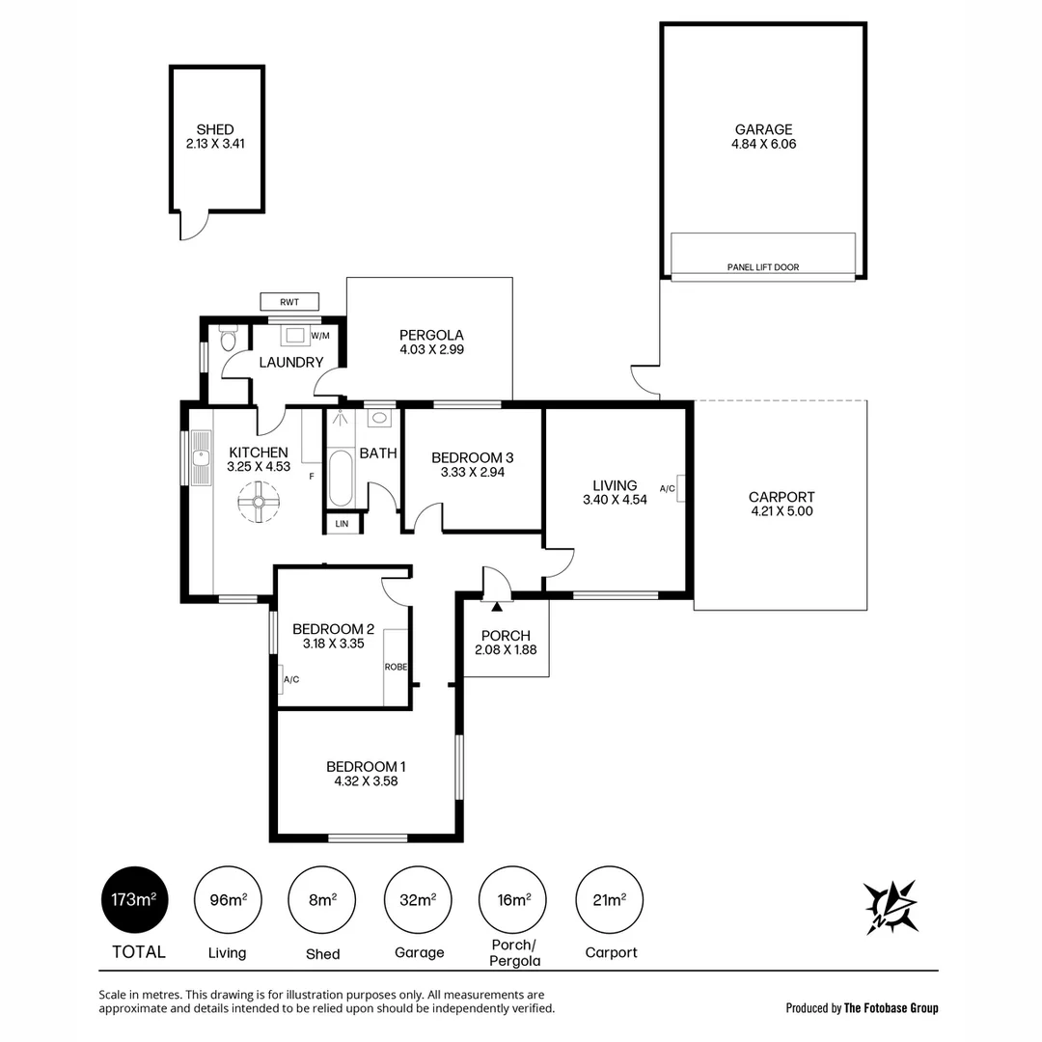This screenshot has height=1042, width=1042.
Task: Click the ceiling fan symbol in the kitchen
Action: (x=258, y=502)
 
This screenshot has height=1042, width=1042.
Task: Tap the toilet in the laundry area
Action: (x=229, y=340)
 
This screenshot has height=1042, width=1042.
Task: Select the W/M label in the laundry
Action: (x=320, y=336)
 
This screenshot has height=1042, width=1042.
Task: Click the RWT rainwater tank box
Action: (x=289, y=302)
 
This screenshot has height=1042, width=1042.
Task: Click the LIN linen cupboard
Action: (x=343, y=523)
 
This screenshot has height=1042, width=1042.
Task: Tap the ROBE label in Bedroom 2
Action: (x=396, y=667)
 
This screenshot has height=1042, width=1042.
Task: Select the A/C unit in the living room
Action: (x=680, y=489)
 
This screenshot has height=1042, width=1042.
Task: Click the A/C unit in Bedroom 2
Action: (x=281, y=679)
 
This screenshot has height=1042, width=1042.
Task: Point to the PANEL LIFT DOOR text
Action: (x=763, y=267)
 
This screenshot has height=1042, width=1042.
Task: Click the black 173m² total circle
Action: (x=133, y=900)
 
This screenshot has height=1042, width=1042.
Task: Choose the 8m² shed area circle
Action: (x=322, y=900)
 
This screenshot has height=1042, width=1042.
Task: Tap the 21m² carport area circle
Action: (x=610, y=900)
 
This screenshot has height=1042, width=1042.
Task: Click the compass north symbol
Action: (x=891, y=906)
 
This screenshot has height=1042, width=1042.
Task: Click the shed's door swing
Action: (x=196, y=226)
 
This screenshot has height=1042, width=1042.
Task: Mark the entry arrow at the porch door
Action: (x=498, y=606)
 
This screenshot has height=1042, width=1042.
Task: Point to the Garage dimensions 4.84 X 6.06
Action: (x=763, y=144)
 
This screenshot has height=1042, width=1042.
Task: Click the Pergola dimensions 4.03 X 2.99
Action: (x=431, y=349)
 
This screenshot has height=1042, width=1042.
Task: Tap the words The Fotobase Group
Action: (x=891, y=1008)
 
